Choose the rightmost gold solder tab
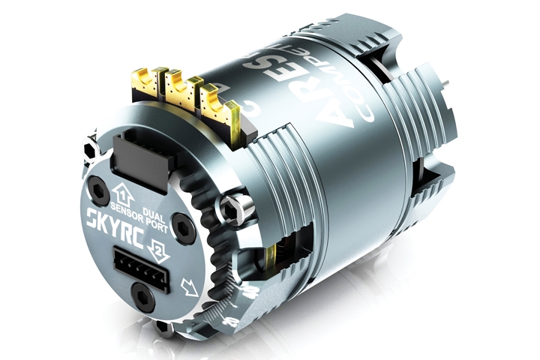[211, 100]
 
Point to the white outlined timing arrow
[190, 286]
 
